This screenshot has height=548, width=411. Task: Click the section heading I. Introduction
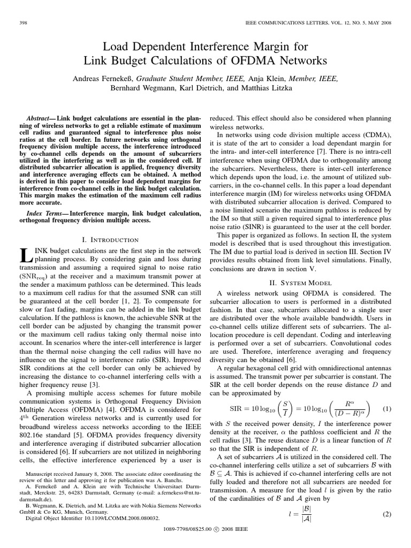(109, 240)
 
